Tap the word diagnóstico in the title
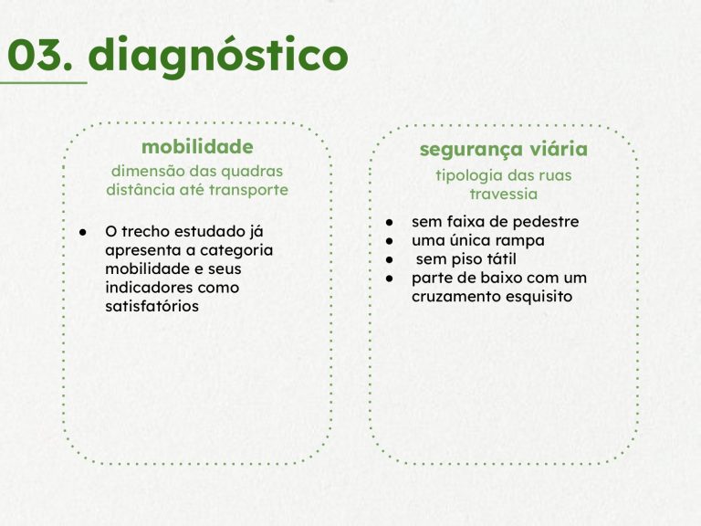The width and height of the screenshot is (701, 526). pos(218,57)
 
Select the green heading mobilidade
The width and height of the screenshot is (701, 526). pos(197,147)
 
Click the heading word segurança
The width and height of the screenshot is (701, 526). pos(470,151)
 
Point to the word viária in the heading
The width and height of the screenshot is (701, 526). pos(558,149)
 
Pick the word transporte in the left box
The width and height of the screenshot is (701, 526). pos(248,191)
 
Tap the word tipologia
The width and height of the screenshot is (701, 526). pos(469,175)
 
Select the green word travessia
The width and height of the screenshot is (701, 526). pos(504,195)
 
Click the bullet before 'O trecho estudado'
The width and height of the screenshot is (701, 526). pos(83,232)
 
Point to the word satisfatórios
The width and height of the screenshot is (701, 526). pos(152,307)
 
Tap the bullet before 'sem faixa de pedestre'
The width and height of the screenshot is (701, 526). pos(390,222)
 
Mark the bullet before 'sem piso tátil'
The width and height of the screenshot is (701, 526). pos(390,260)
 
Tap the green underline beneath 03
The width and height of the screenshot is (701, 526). pos(44,83)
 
